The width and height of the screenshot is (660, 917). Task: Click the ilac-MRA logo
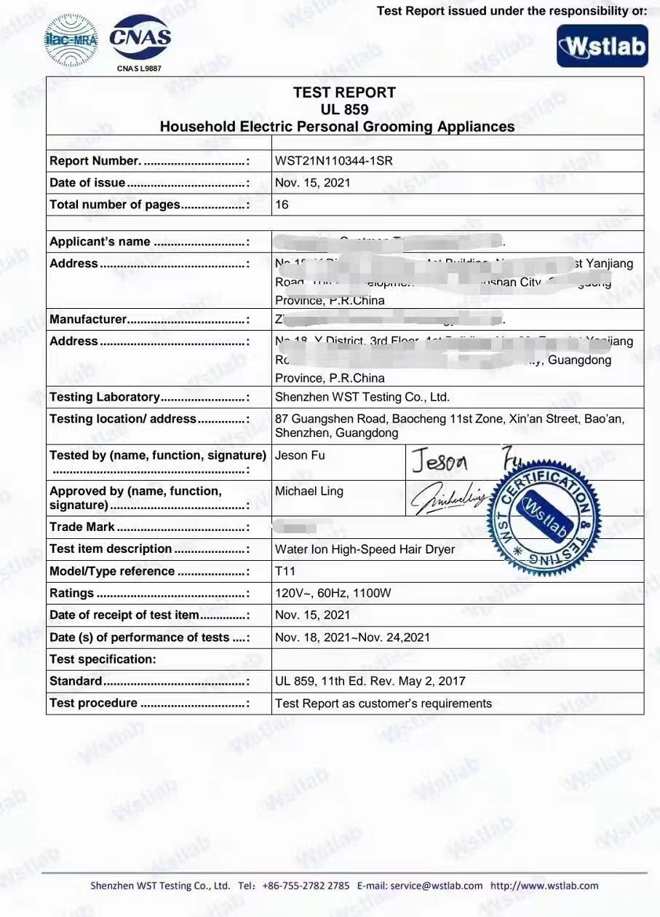[71, 39]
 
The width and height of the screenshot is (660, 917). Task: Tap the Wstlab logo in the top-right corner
[602, 47]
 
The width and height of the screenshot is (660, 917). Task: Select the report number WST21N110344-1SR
[334, 161]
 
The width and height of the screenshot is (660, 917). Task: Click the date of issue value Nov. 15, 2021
[312, 183]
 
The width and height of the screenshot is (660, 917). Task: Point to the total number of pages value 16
[282, 205]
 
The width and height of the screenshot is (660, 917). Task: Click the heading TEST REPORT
[344, 93]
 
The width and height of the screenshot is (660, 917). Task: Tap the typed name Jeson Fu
[300, 456]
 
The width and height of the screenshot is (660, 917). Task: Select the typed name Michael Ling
[309, 492]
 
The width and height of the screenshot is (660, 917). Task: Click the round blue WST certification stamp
[544, 519]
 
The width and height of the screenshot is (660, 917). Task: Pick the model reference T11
[285, 571]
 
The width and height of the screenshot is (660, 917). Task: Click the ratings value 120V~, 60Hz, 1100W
[333, 593]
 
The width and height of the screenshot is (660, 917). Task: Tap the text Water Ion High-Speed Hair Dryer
[365, 549]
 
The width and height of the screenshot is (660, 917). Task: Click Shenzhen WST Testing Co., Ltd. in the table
[362, 397]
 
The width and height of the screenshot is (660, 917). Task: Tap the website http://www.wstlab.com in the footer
[544, 886]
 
